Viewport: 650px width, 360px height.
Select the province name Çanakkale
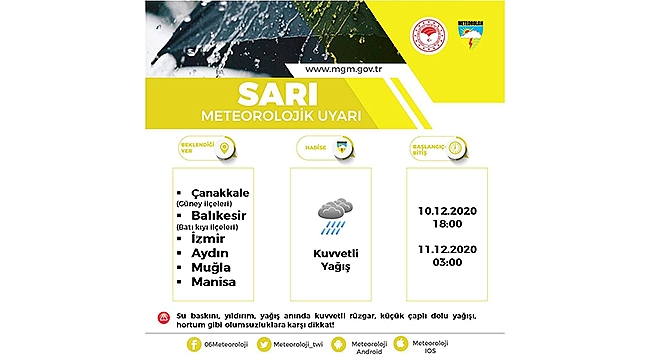coord(217,193)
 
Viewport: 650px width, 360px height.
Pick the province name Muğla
coord(204,268)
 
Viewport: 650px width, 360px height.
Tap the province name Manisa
coord(207,284)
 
